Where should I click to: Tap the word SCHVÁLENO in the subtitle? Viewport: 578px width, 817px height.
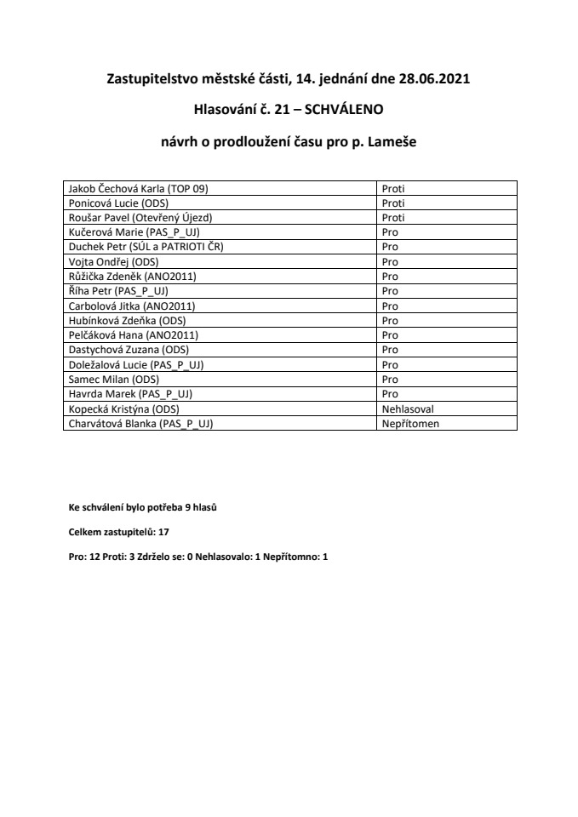[345, 111]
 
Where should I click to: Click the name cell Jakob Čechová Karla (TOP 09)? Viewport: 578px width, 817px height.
[135, 188]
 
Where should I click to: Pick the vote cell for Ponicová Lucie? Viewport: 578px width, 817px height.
[393, 203]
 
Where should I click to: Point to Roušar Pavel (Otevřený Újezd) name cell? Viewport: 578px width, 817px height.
[140, 218]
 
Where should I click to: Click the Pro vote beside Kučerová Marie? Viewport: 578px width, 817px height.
[391, 232]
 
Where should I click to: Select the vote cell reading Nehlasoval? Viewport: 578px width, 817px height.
[409, 408]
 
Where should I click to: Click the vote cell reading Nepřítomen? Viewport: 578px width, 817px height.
[410, 423]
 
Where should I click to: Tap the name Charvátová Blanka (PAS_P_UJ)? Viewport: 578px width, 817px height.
[140, 423]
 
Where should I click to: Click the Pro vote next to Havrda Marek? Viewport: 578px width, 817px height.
[391, 393]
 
